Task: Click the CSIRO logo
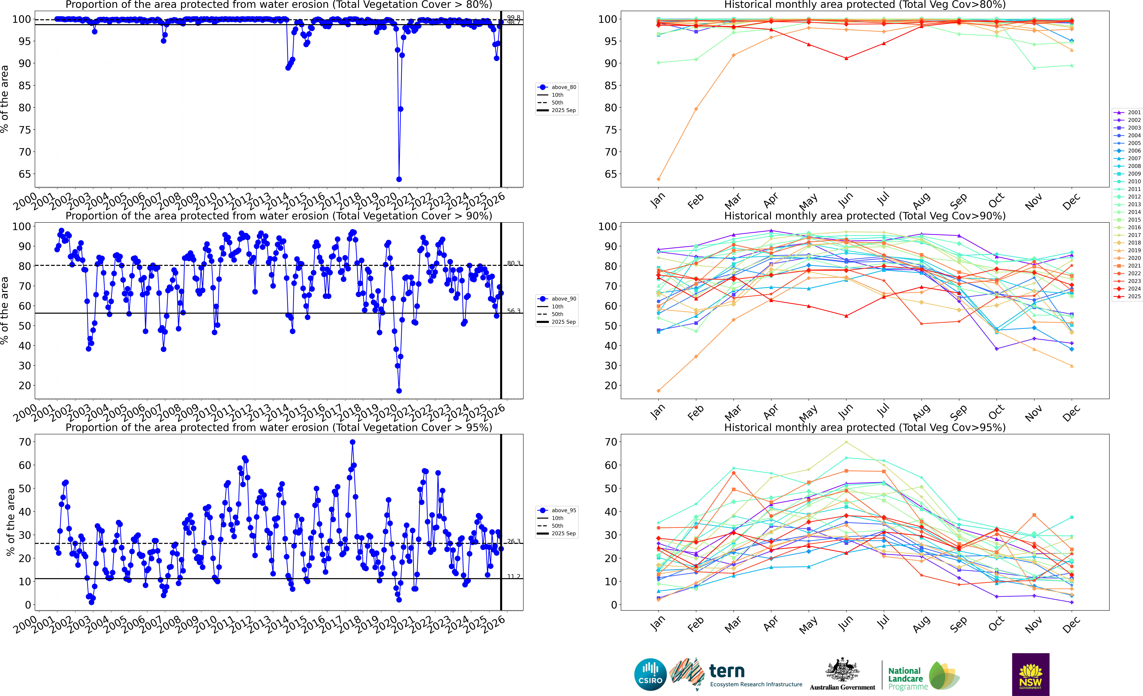coord(650,674)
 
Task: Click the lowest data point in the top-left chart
coord(399,179)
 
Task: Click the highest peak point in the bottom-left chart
coord(353,442)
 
